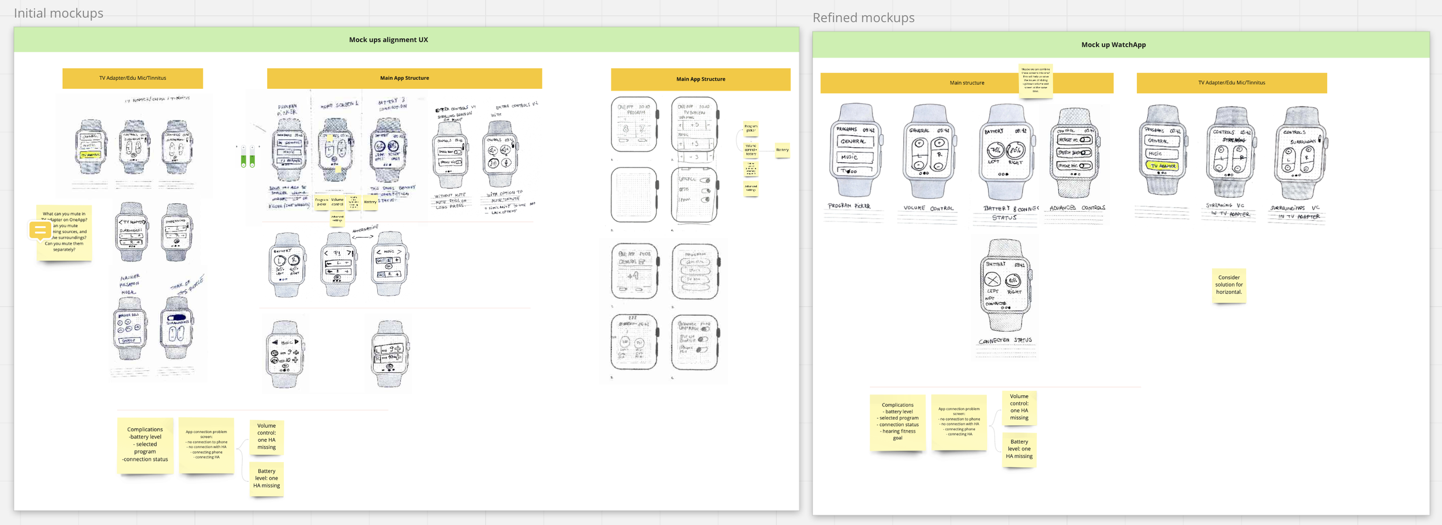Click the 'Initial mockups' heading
58,13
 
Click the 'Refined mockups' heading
863,18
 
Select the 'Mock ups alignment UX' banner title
388,40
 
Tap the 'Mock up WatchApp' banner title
1113,44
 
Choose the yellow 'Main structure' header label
967,83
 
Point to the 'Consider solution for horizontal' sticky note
1229,285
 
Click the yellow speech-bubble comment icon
40,231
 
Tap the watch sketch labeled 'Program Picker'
855,151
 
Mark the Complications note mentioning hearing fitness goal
898,422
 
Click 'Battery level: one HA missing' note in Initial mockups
266,478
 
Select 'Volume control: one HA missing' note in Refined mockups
1019,407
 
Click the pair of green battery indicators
248,157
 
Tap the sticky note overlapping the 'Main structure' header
1035,81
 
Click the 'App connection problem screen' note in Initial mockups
206,445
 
